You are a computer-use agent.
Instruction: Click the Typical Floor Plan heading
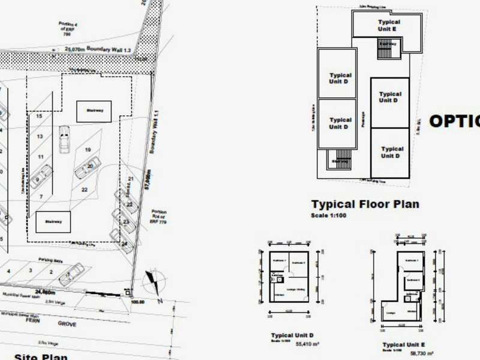(x=365, y=204)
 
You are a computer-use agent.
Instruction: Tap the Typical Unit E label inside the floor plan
(x=388, y=25)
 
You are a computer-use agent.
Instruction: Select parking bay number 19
(x=88, y=149)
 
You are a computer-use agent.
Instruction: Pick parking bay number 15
(x=39, y=116)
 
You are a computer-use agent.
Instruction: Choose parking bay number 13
(x=40, y=137)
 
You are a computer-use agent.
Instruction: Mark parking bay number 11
(x=41, y=157)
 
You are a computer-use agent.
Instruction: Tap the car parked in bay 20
(x=88, y=167)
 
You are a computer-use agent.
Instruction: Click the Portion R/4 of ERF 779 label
(x=159, y=217)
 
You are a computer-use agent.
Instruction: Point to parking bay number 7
(x=41, y=197)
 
